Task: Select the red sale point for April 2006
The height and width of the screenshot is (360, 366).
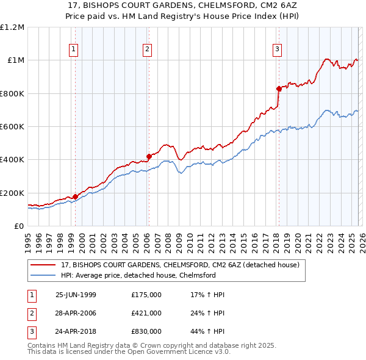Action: (149, 156)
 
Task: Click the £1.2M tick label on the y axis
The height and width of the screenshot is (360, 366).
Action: (12, 27)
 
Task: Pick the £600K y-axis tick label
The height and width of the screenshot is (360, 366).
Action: (12, 127)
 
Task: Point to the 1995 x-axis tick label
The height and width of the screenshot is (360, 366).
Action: (28, 242)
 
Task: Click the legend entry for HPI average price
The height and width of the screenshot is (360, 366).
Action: (138, 275)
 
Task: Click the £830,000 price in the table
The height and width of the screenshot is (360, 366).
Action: (146, 333)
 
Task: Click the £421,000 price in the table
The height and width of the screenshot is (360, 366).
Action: (146, 314)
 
